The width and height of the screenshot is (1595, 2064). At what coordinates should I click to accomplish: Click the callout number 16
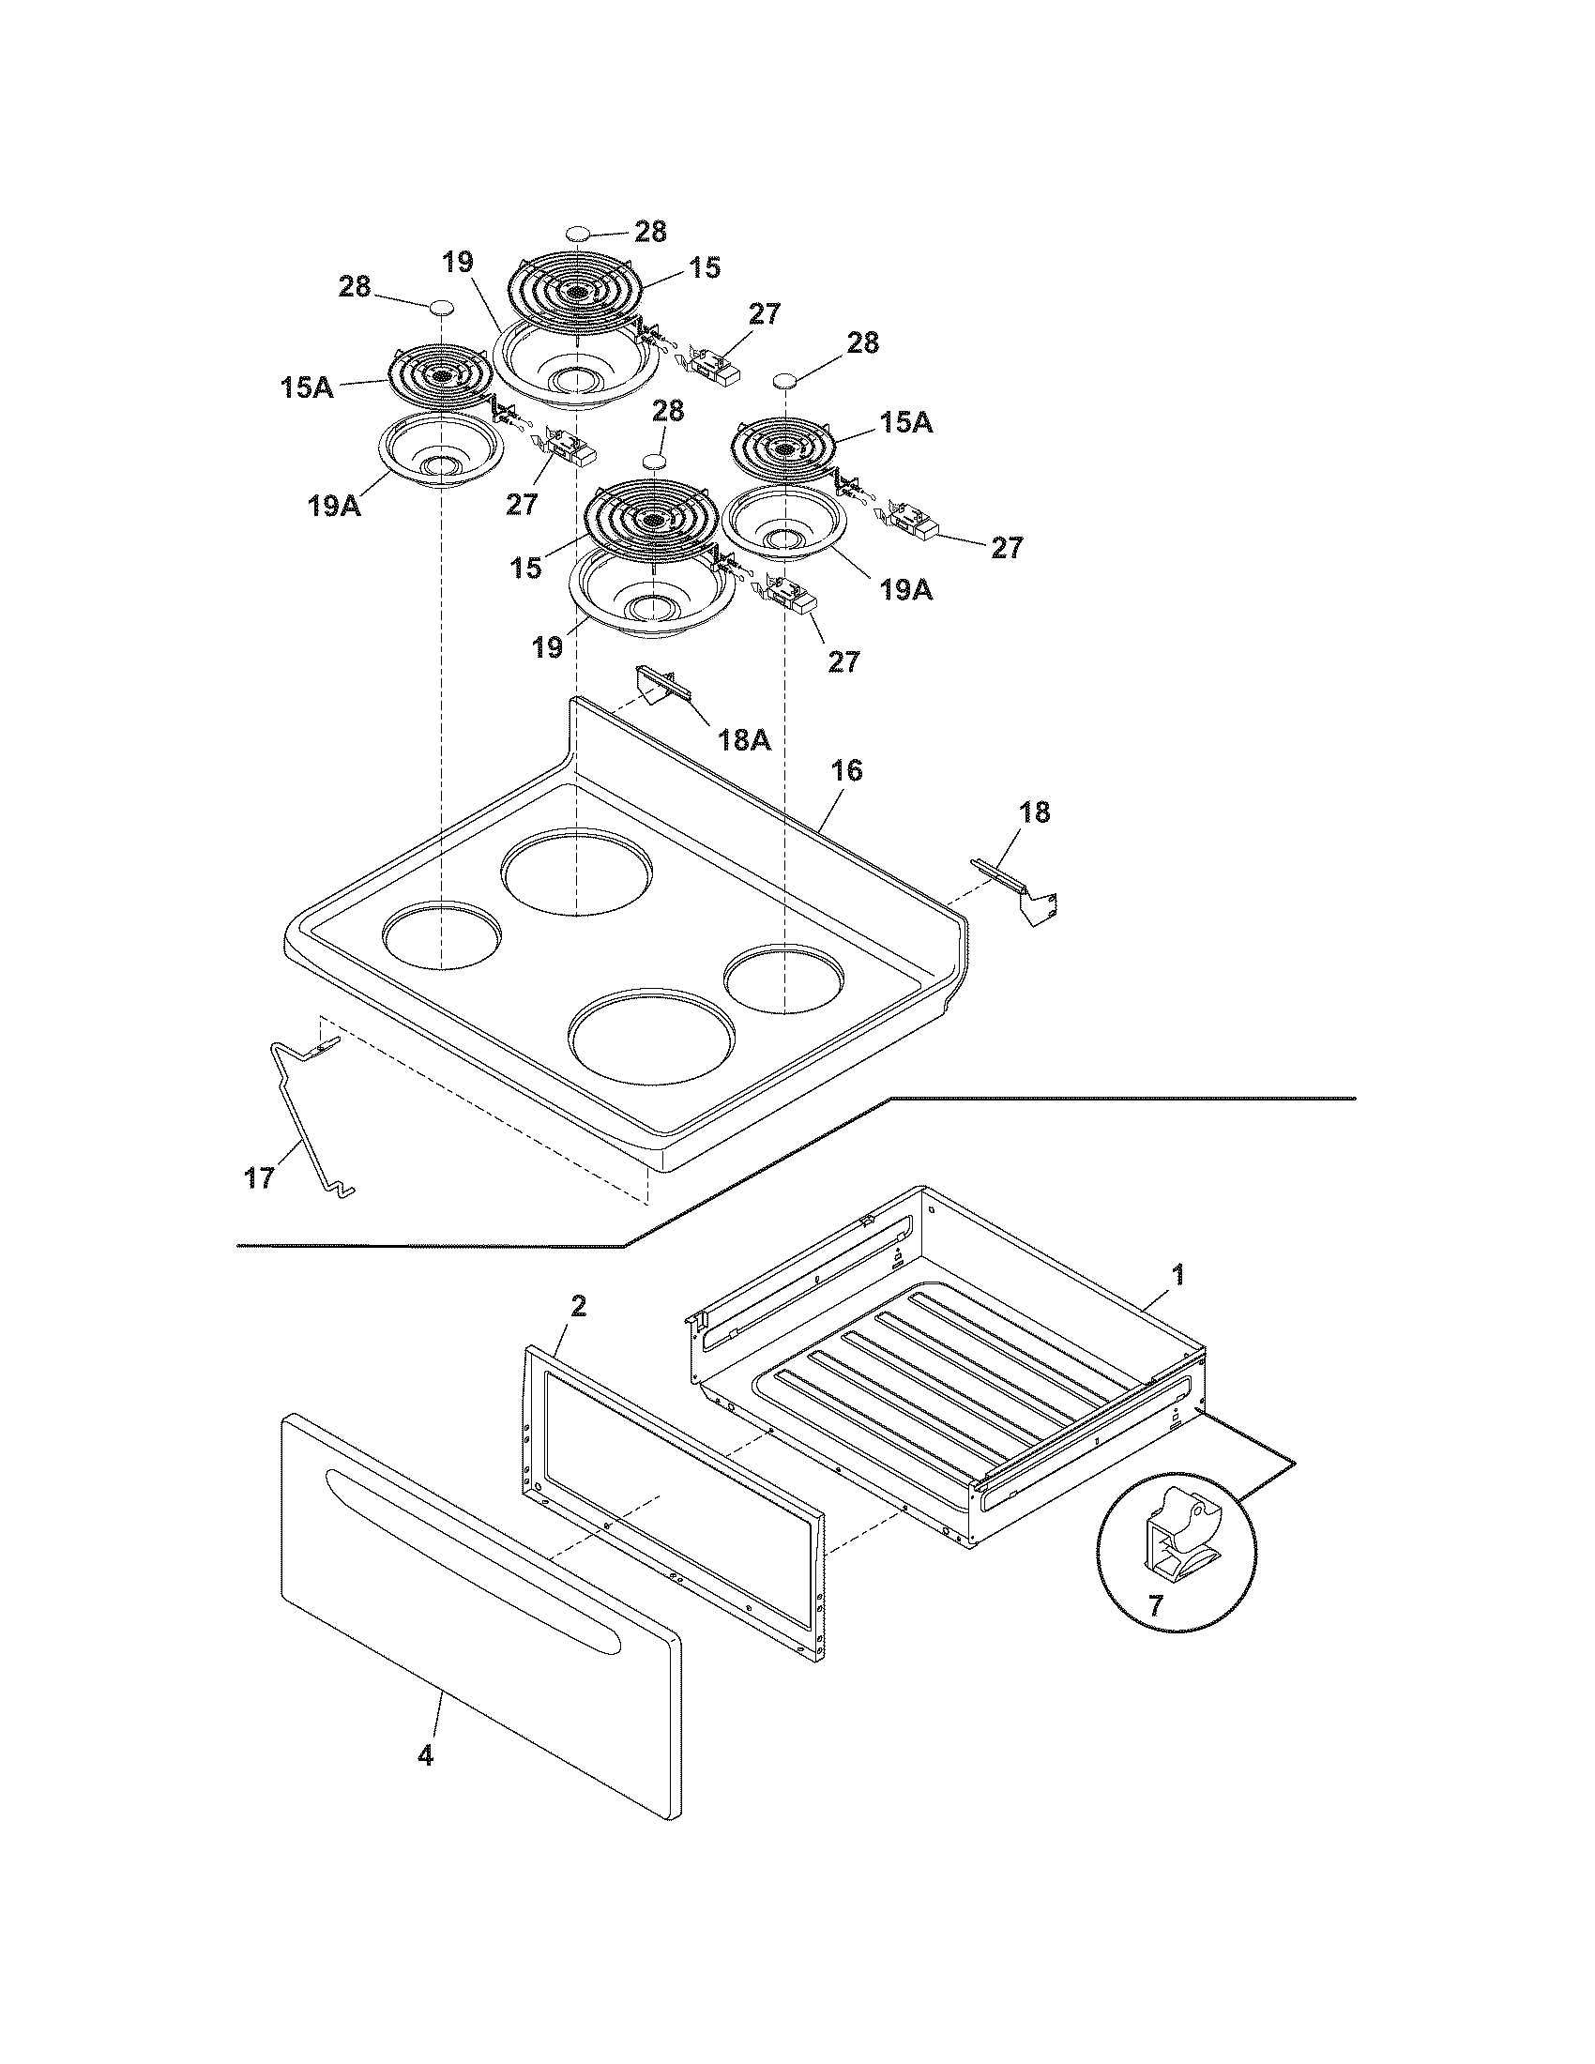[846, 770]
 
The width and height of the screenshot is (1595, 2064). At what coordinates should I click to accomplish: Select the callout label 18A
[745, 739]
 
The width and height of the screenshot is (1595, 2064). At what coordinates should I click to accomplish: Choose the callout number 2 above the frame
[578, 1306]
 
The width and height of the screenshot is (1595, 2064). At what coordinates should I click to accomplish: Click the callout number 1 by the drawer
[1177, 1275]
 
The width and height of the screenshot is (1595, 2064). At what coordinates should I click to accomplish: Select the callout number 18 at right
[1036, 812]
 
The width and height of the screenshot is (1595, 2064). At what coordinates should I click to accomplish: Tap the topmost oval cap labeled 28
[578, 233]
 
